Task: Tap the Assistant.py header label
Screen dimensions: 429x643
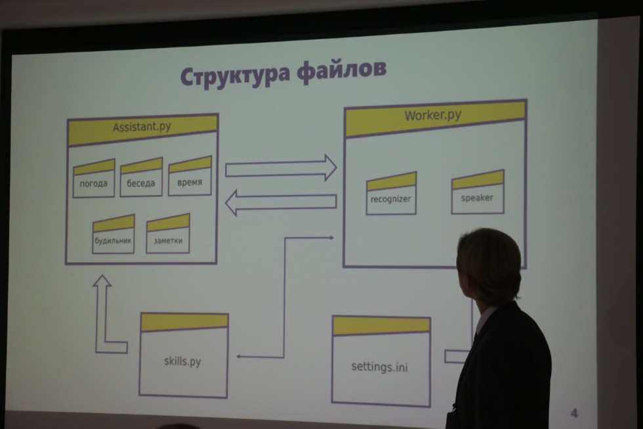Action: click(x=142, y=127)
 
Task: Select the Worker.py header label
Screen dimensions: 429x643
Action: click(x=432, y=116)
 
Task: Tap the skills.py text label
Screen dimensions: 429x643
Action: click(x=183, y=361)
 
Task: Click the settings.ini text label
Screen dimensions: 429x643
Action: click(x=379, y=367)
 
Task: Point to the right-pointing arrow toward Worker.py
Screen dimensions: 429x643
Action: click(x=281, y=168)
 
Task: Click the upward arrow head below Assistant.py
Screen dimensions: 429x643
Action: click(x=102, y=282)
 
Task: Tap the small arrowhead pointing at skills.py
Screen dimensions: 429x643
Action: click(x=240, y=356)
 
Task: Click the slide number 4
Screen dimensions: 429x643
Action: click(x=574, y=413)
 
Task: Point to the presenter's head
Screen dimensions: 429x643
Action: click(x=488, y=263)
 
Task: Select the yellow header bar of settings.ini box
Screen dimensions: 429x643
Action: click(x=381, y=325)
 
